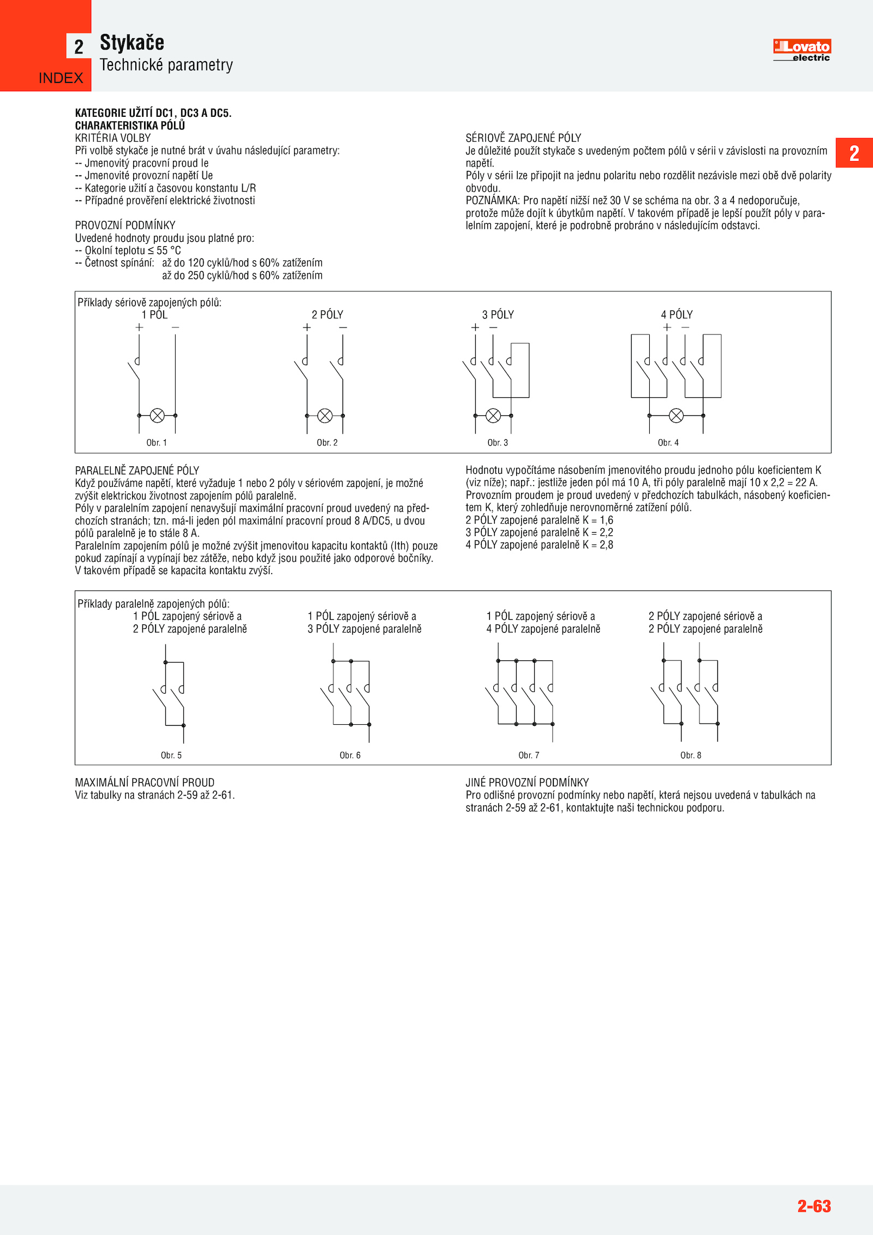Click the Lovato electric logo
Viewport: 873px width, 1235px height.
(802, 50)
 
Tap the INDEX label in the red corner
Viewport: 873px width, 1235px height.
(61, 78)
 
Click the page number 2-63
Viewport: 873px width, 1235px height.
(814, 1206)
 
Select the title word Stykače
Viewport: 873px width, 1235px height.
(132, 43)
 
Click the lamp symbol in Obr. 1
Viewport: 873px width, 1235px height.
(157, 415)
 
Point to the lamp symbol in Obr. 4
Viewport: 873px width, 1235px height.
(676, 415)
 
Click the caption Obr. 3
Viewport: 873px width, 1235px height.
(498, 443)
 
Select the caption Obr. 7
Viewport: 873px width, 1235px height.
(529, 755)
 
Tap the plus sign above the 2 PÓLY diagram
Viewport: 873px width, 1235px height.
(307, 327)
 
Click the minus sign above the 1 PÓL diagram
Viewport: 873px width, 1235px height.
(175, 327)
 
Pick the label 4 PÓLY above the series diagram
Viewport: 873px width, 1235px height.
(677, 315)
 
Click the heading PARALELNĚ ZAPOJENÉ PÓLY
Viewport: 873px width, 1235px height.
(137, 470)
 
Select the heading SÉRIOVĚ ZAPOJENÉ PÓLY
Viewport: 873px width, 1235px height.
(523, 138)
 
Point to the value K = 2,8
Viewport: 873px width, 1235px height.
(598, 545)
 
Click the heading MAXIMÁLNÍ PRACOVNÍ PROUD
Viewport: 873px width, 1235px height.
(145, 783)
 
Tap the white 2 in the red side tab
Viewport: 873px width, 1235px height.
(854, 153)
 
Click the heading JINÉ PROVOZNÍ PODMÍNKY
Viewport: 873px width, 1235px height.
(527, 783)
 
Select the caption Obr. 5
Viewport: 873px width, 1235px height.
(171, 755)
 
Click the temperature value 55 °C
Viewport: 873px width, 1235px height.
(169, 250)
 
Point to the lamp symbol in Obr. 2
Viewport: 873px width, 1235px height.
(325, 415)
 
